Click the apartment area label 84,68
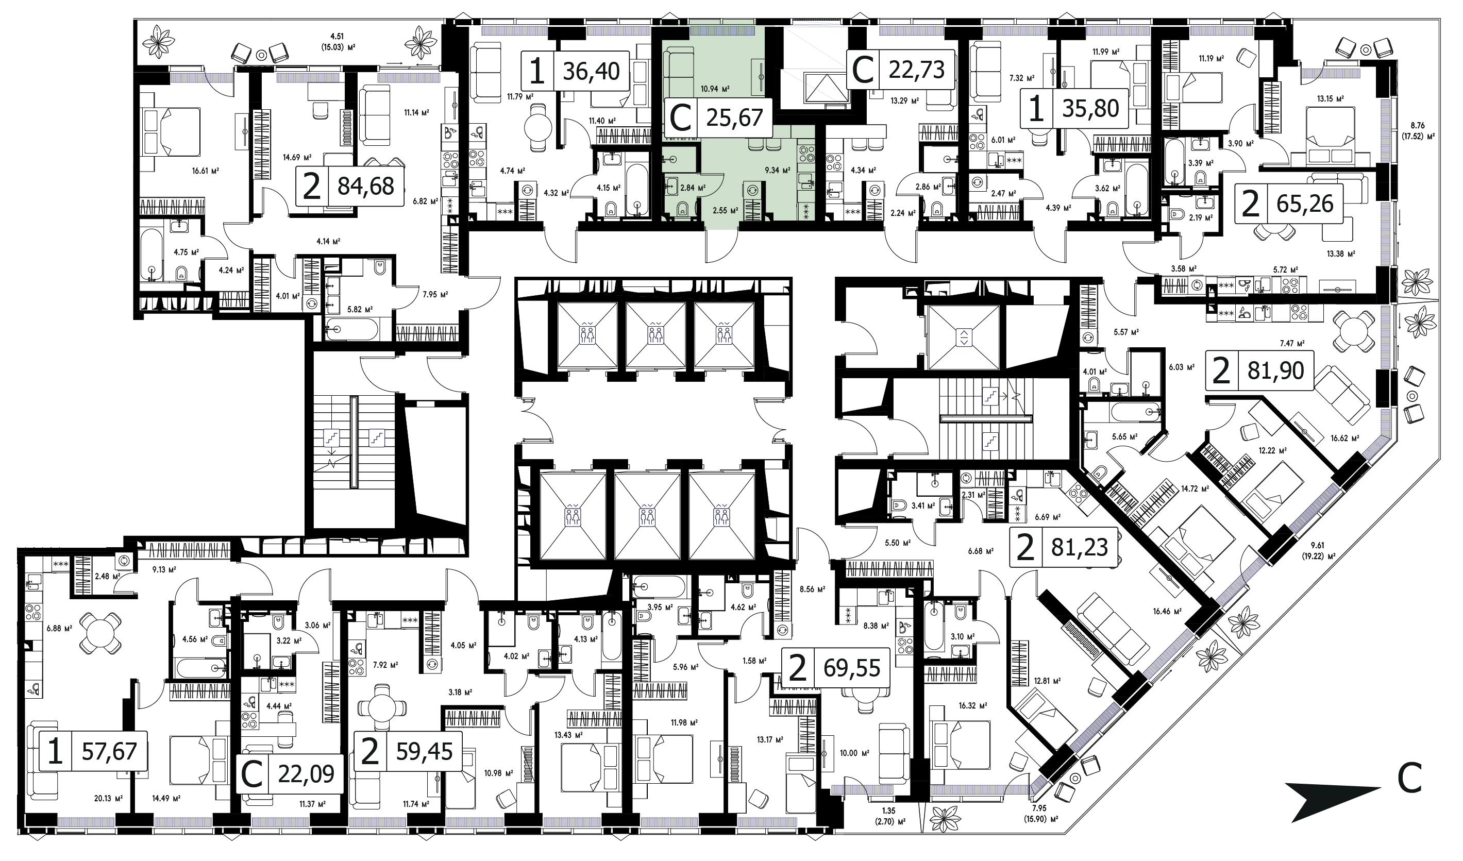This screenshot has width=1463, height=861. (x=366, y=187)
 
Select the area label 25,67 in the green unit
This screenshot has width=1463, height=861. (x=734, y=118)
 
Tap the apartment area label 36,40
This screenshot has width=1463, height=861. (x=591, y=71)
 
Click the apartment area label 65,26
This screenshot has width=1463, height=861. (x=1305, y=204)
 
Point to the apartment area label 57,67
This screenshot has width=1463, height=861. (x=109, y=751)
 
